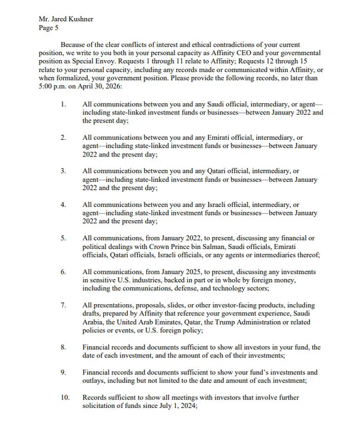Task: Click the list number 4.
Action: tap(64, 205)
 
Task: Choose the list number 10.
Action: tap(65, 398)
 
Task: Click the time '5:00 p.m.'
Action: tap(53, 87)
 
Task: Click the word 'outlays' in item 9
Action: tap(95, 381)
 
